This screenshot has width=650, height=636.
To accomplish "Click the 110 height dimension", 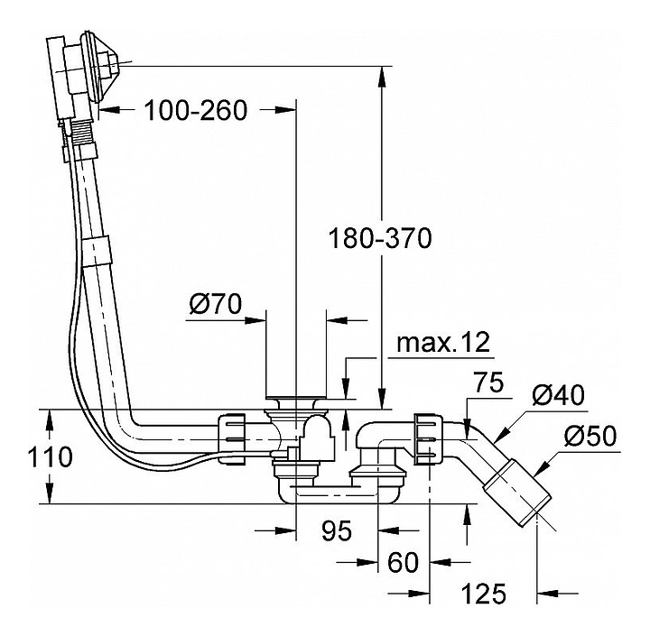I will coord(48,456).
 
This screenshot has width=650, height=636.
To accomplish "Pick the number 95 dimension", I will coord(336,531).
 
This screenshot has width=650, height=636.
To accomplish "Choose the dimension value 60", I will coord(403,562).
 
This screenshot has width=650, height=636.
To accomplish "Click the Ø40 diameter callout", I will coord(558,394).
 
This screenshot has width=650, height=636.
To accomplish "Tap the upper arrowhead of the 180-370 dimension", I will coord(384,74).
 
